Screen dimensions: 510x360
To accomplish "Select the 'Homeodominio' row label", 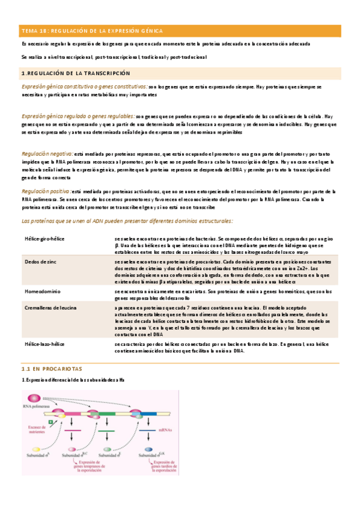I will pyautogui.click(x=41, y=291).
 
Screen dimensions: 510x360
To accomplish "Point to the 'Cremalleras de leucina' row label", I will pyautogui.click(x=50, y=307).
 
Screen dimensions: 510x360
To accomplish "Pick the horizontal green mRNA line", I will pyautogui.click(x=106, y=429).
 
